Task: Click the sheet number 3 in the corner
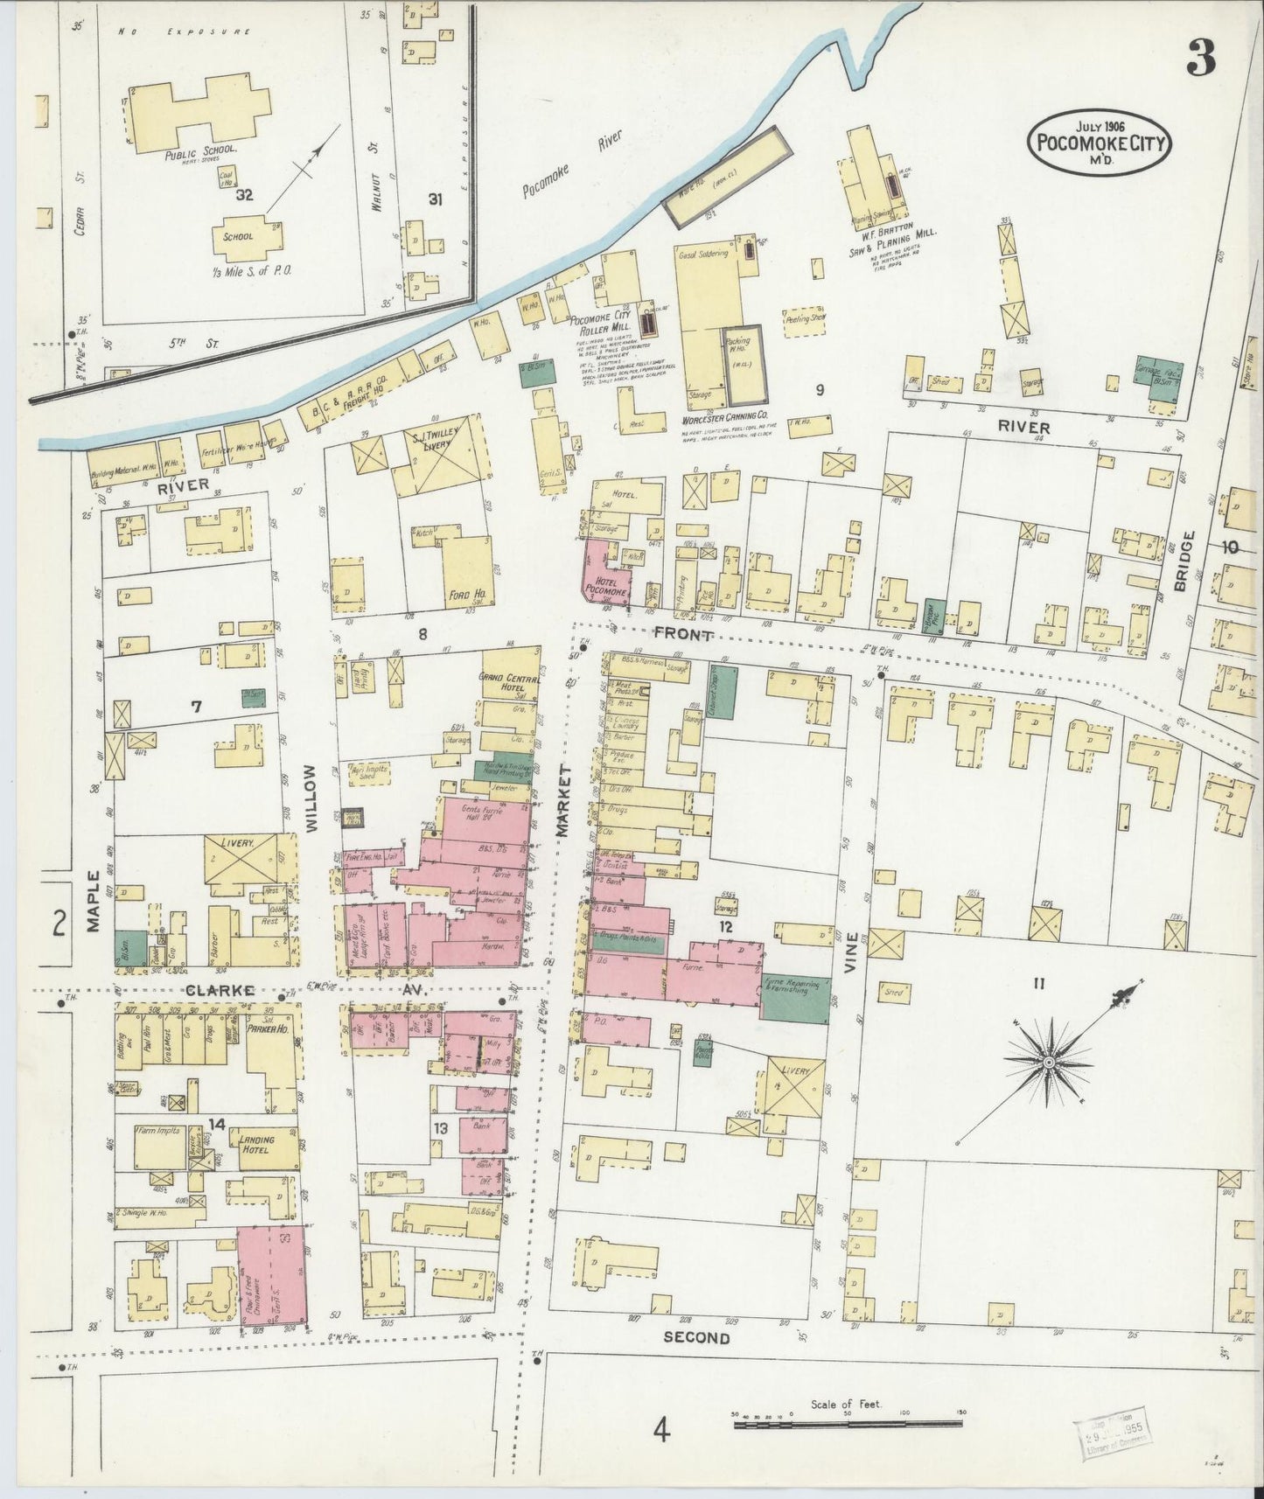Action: pos(1200,59)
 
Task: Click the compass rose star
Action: pos(1048,1062)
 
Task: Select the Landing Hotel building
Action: pos(259,1145)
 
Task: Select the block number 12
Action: pos(725,925)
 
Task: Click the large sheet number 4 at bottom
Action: pos(662,1431)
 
